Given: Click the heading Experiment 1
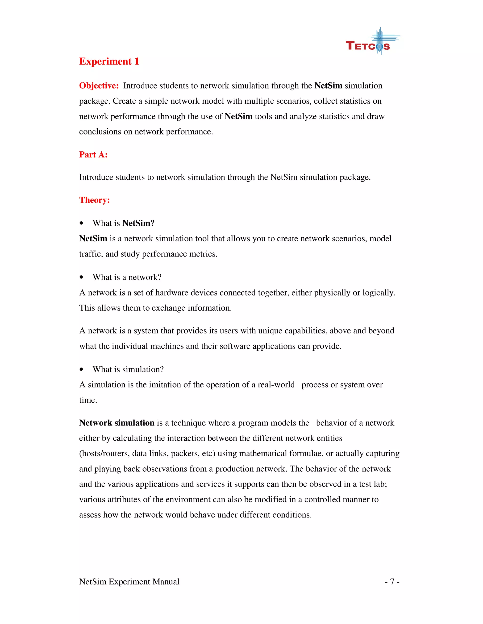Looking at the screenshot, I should (x=109, y=61).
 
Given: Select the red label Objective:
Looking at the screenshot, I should (x=99, y=86).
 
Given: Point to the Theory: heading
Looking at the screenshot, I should (x=94, y=200).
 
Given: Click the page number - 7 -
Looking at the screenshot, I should (x=392, y=582).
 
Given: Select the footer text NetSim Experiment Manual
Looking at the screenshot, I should (x=129, y=582).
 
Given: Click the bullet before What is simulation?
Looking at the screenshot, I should (x=82, y=369).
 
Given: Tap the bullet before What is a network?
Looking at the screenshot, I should (x=82, y=277).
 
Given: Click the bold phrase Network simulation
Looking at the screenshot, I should (x=117, y=423).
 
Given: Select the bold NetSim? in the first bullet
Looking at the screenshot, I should (x=138, y=223).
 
